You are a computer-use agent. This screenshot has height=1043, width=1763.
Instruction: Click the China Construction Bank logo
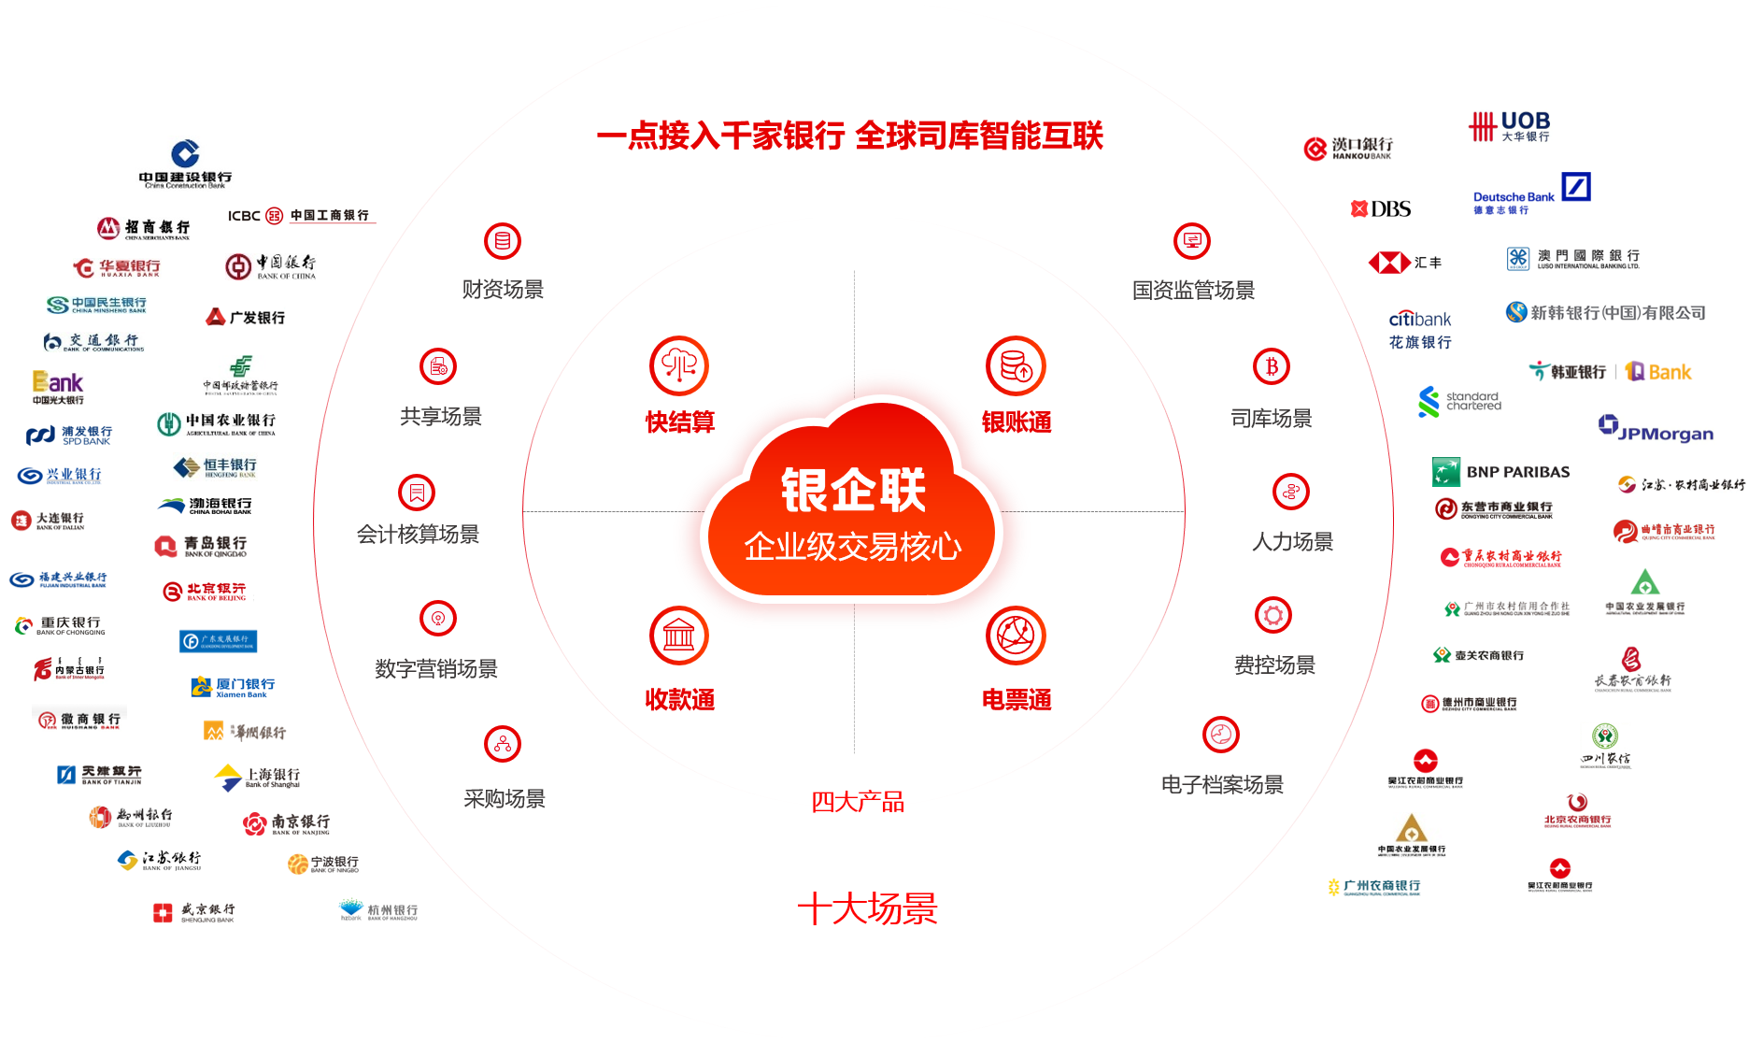tap(185, 164)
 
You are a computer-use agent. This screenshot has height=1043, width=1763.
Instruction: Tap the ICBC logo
tap(302, 215)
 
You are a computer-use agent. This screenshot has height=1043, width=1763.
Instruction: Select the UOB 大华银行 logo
tap(1512, 125)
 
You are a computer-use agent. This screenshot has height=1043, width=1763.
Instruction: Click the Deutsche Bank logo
tap(1534, 193)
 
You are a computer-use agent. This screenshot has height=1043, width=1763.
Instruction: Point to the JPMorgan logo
tap(1655, 427)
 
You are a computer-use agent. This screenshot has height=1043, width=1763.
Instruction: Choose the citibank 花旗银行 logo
tap(1420, 330)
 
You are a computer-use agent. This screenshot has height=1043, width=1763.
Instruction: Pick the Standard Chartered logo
tap(1460, 401)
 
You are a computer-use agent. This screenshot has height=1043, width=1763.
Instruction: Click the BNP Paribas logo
tap(1500, 472)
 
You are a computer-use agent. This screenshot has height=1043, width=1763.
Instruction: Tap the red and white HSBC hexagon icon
tap(1389, 264)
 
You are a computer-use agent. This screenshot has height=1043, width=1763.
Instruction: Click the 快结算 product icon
tap(679, 365)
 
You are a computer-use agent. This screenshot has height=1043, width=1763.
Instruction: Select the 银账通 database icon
tap(1016, 365)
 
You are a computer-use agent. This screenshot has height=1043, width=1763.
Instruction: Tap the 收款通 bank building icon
tap(679, 636)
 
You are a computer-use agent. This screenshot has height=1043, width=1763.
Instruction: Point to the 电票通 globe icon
tap(1016, 636)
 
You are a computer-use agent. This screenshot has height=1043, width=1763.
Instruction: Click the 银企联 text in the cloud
tap(853, 490)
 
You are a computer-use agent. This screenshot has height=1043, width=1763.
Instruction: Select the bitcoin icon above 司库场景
tap(1272, 366)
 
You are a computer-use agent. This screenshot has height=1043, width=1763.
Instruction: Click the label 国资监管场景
tap(1193, 290)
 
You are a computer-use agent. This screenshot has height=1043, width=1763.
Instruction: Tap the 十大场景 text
tap(867, 908)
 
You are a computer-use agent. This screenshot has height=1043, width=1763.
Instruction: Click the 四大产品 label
tap(857, 802)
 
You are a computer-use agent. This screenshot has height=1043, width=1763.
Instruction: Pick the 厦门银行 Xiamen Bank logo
tap(233, 687)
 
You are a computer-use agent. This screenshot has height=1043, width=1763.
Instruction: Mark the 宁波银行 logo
tap(322, 863)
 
